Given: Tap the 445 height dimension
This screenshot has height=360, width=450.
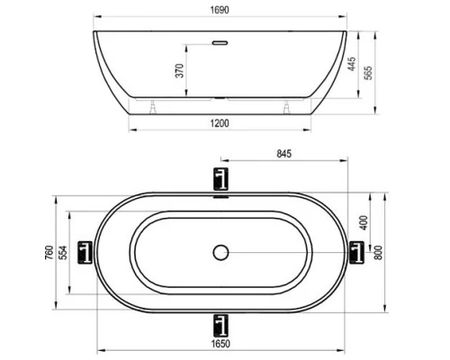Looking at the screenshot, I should click(x=350, y=64).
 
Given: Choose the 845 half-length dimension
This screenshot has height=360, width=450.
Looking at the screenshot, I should click(x=286, y=155).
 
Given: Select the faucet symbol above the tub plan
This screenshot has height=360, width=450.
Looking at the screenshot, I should click(x=221, y=178).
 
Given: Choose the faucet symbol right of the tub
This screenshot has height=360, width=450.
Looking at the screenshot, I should click(x=357, y=252).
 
